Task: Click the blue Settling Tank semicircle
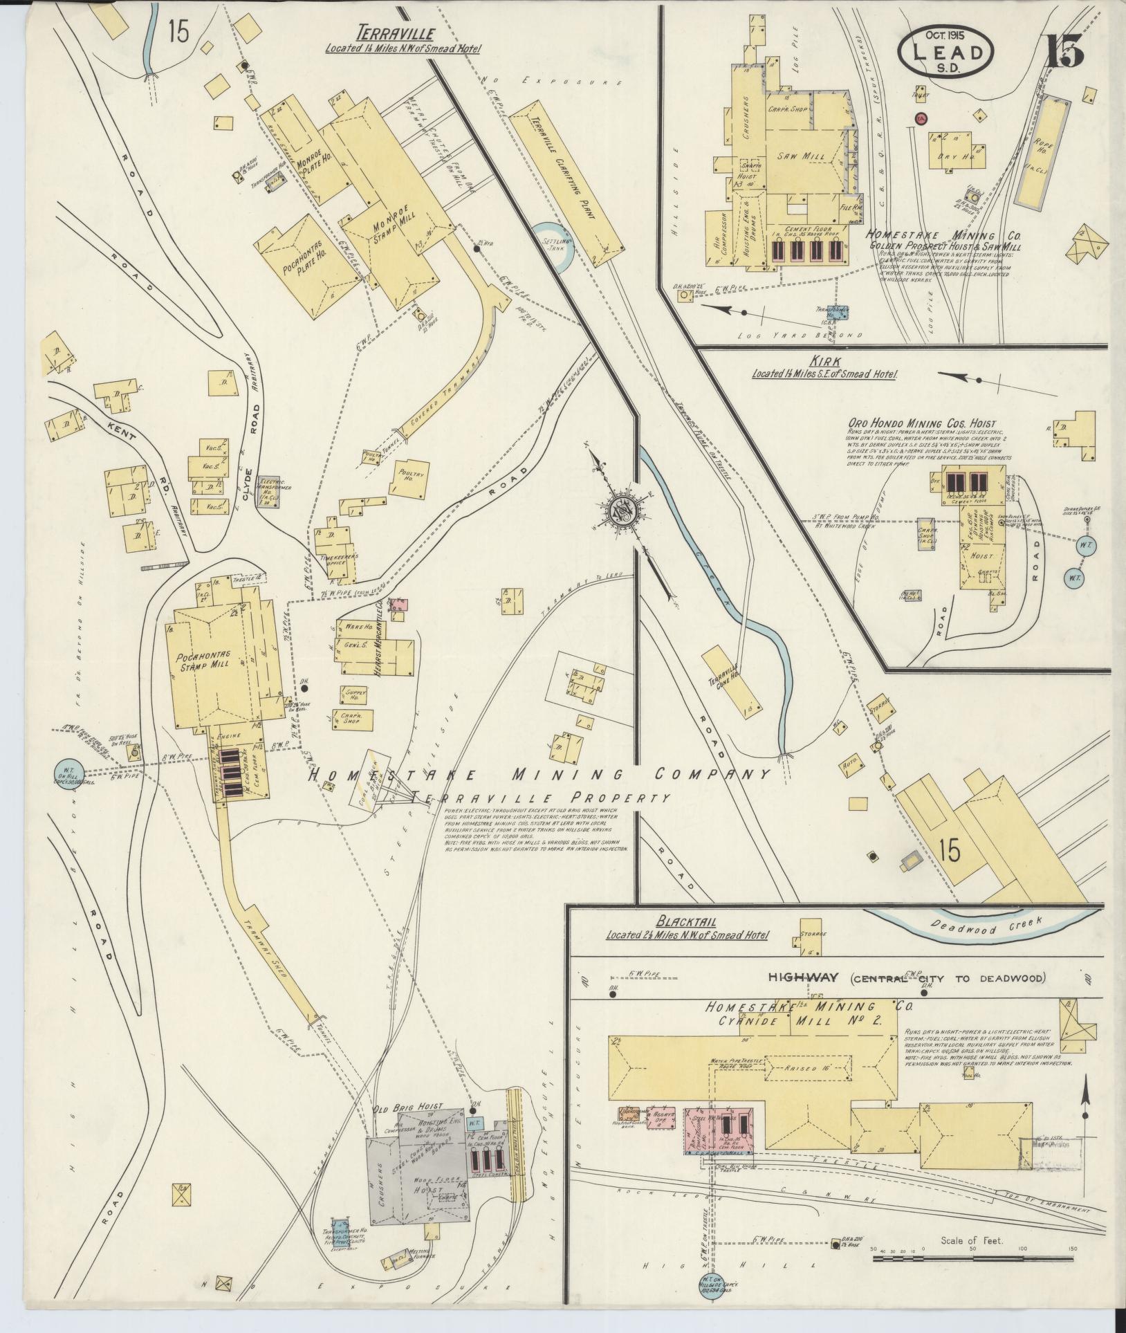coord(553,246)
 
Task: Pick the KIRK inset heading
coord(827,362)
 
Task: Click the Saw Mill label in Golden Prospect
coord(797,157)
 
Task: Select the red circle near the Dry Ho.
coord(921,118)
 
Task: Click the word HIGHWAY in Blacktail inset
coord(802,978)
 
